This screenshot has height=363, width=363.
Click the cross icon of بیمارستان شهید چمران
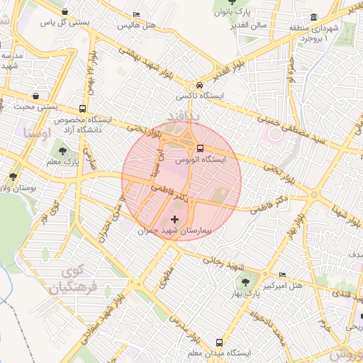[175, 219]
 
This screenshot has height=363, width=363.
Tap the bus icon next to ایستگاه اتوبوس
[200, 149]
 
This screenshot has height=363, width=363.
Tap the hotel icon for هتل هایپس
[136, 15]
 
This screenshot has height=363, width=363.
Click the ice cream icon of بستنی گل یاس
[65, 12]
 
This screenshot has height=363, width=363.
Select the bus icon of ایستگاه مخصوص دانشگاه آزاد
[84, 109]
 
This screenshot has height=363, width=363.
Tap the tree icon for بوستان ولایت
[12, 177]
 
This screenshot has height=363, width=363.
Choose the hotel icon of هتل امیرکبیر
[284, 274]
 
